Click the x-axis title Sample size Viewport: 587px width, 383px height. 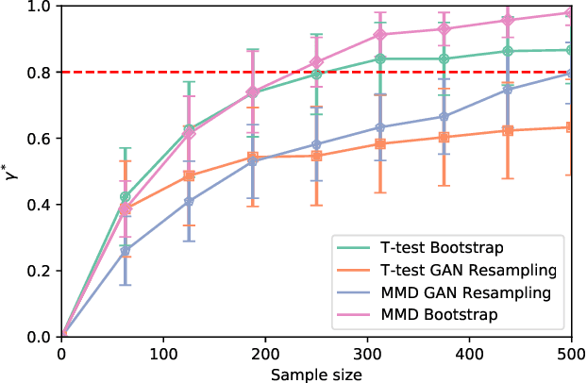(x=316, y=374)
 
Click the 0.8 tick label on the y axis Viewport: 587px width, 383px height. (x=39, y=73)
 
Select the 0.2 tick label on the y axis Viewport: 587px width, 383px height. (x=39, y=271)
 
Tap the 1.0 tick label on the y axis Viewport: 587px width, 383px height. (x=39, y=7)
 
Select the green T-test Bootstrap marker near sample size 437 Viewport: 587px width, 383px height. (x=508, y=51)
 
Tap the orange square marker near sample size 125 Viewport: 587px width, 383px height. (x=189, y=175)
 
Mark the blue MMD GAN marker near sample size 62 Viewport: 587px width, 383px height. (x=126, y=251)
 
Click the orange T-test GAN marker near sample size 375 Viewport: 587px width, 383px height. (x=444, y=137)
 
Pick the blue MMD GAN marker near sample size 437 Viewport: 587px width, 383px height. (x=508, y=90)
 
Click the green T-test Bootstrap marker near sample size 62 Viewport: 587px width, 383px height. (x=126, y=197)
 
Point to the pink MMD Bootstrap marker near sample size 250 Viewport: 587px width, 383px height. (x=316, y=62)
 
